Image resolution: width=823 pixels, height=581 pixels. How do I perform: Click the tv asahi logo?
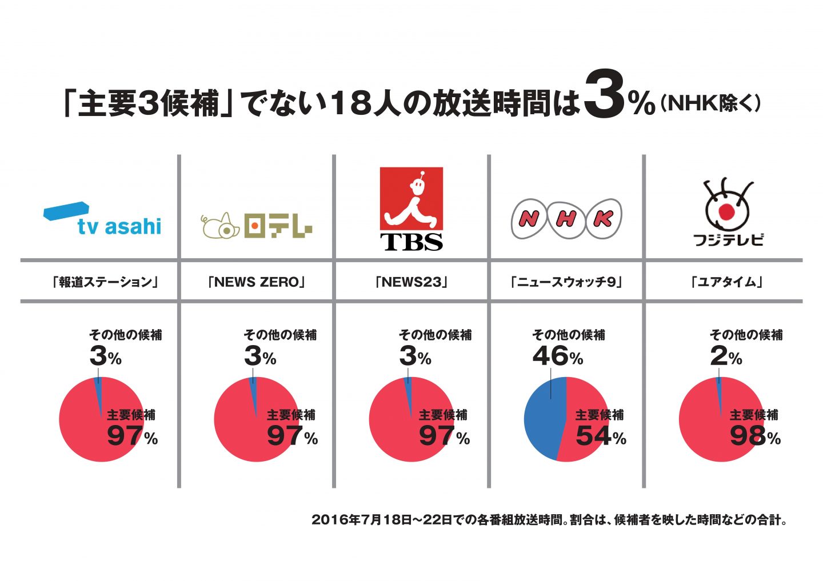103,219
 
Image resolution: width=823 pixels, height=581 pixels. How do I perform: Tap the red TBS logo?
411,209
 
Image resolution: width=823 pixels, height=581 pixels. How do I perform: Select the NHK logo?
566,218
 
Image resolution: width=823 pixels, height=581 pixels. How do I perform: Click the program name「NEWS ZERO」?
257,282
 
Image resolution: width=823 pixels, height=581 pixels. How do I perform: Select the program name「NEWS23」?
411,282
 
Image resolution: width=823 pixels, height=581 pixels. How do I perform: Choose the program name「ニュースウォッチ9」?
566,282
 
